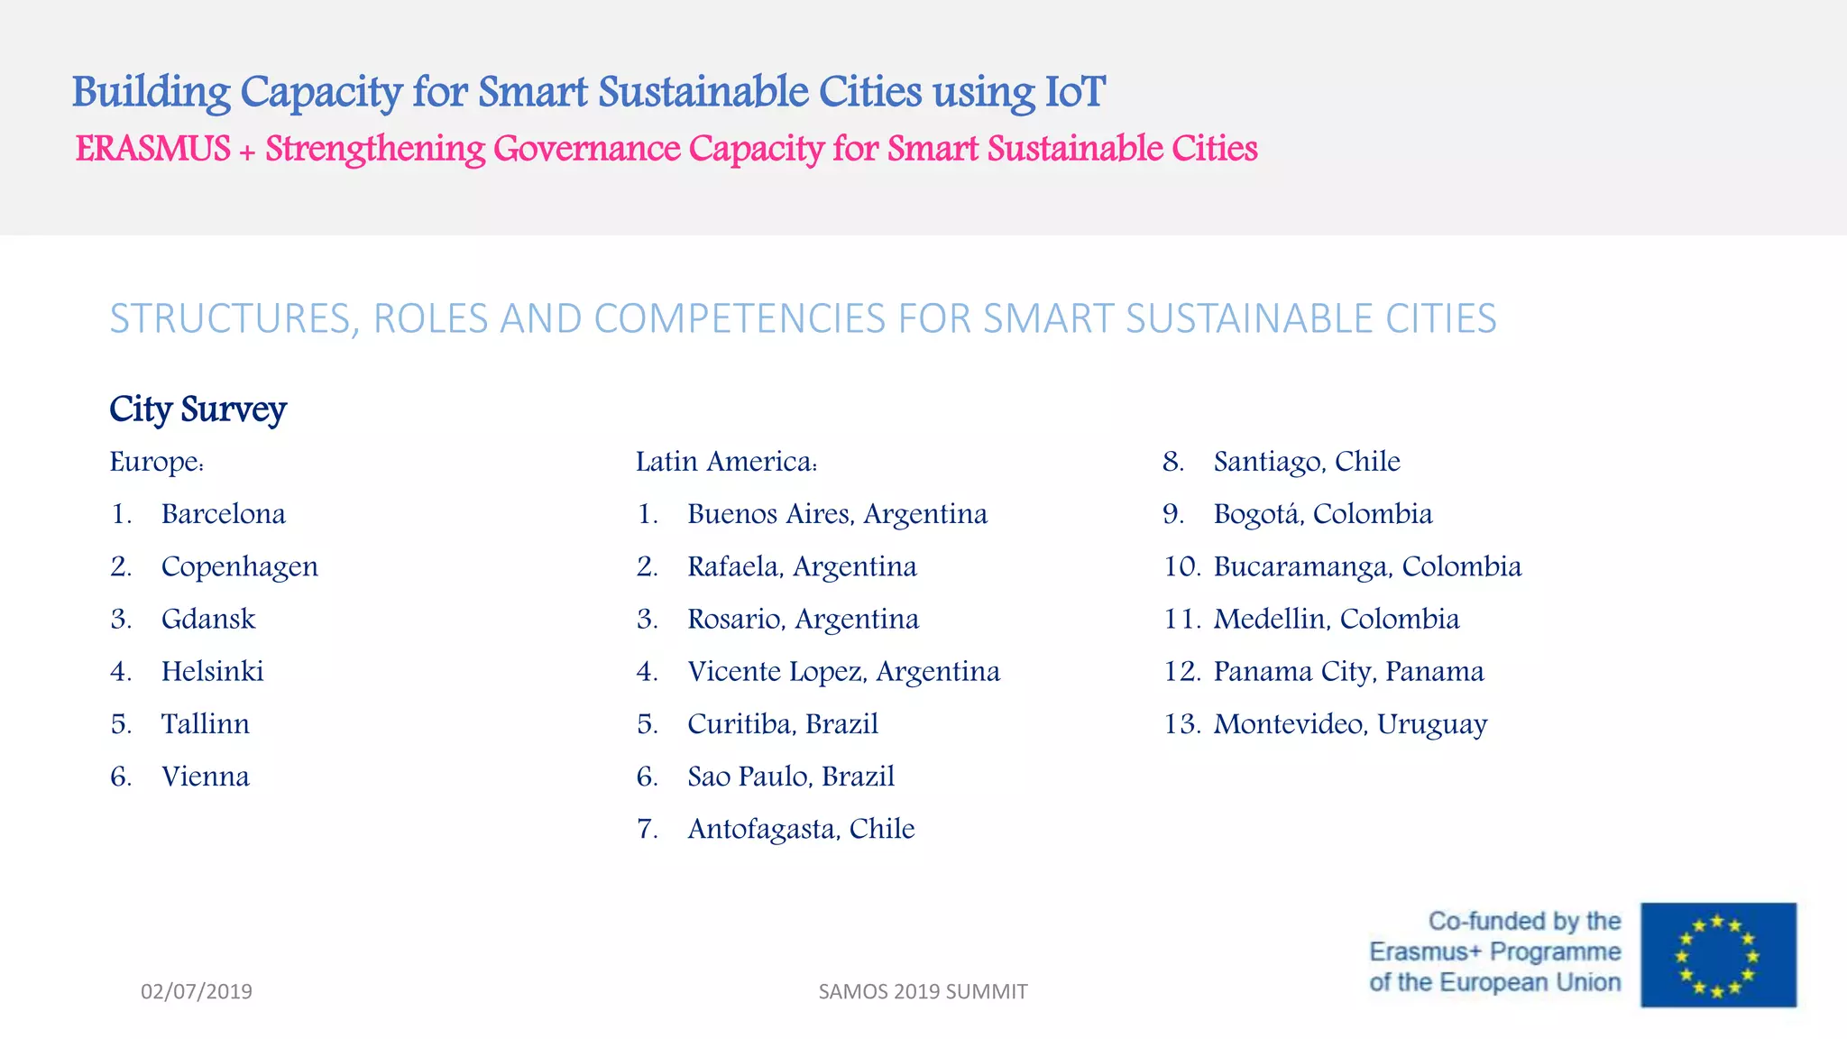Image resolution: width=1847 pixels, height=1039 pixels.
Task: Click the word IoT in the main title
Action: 1074,92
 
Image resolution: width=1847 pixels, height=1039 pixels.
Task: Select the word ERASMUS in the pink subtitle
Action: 153,149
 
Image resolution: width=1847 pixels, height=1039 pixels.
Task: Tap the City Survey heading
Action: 198,409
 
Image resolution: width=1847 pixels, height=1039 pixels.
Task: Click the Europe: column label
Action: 157,462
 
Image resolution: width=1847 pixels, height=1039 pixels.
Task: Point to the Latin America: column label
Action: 726,462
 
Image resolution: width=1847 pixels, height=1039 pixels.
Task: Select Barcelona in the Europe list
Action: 223,514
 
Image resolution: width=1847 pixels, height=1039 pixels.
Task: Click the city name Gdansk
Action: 208,620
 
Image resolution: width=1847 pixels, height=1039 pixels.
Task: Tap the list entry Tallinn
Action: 205,724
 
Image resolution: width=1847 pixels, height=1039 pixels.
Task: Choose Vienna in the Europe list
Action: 205,777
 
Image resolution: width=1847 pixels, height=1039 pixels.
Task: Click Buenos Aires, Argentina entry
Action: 837,514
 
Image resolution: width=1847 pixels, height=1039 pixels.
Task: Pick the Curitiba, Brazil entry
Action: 782,724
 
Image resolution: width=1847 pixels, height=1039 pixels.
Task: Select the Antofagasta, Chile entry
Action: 801,829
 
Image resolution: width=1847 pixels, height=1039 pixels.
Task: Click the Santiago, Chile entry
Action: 1306,462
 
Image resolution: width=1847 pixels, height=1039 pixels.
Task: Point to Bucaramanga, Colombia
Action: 1367,566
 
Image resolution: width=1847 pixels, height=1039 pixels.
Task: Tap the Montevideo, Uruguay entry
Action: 1350,724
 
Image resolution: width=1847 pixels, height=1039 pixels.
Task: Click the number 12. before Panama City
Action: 1181,672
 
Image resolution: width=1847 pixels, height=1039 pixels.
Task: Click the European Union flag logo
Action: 1718,955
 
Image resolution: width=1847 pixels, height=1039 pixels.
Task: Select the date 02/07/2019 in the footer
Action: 197,991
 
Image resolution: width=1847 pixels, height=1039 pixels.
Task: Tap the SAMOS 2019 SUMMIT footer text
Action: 923,991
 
